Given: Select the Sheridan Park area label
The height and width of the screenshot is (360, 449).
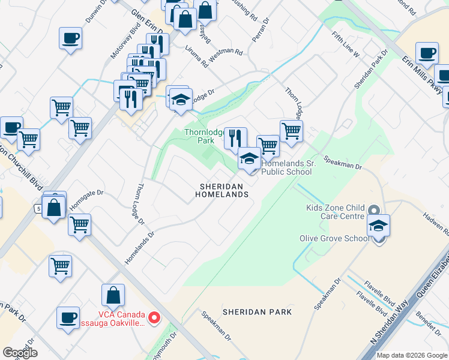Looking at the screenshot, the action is point(257,312).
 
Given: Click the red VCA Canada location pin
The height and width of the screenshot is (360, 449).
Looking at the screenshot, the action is point(154,317).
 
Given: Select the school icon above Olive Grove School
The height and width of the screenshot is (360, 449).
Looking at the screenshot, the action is point(378,224).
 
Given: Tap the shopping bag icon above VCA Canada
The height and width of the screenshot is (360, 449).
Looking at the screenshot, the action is point(113,295).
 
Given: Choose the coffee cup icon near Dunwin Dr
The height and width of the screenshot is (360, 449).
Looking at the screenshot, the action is point(70,38).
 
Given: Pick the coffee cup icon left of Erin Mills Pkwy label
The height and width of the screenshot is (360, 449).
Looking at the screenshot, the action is point(427,52).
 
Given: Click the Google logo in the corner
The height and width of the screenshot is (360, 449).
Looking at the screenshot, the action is point(20,352).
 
